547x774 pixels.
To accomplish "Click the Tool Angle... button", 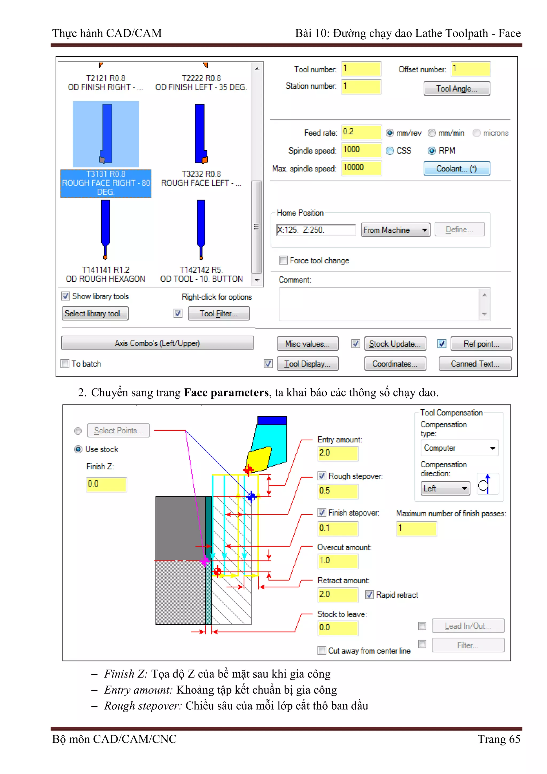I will click(x=456, y=89).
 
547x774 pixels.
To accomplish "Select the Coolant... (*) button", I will click(x=456, y=169).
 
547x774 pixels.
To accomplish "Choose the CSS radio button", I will click(x=390, y=151).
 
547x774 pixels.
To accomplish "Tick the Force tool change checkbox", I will click(x=283, y=260).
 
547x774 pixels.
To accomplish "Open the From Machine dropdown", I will click(x=395, y=230).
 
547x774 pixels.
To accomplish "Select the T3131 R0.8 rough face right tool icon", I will click(x=106, y=134).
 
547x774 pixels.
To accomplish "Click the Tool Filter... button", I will click(x=218, y=313).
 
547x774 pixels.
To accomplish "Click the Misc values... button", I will click(x=307, y=344).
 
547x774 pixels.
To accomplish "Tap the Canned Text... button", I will click(x=475, y=364).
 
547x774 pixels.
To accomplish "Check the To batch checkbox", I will click(x=65, y=364).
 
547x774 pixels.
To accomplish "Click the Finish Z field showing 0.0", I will click(x=106, y=484).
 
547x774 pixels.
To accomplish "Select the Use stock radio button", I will click(x=78, y=449).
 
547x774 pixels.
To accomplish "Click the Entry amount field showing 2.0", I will click(x=337, y=453).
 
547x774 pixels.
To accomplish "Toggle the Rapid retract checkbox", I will click(x=369, y=595).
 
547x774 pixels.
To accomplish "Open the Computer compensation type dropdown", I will click(x=459, y=448).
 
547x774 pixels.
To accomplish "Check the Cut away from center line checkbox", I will click(x=322, y=651).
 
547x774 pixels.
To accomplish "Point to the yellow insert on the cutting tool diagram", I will click(x=259, y=459).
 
